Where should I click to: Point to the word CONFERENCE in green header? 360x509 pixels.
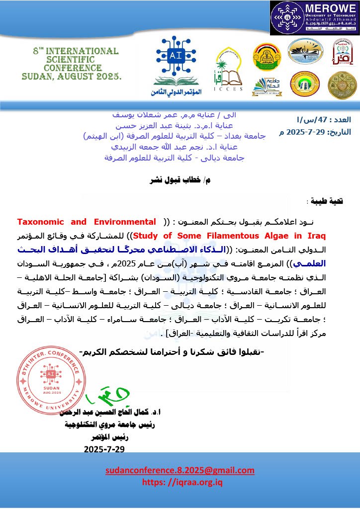tap(73, 68)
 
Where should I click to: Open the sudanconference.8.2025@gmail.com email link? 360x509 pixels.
tap(180, 471)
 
